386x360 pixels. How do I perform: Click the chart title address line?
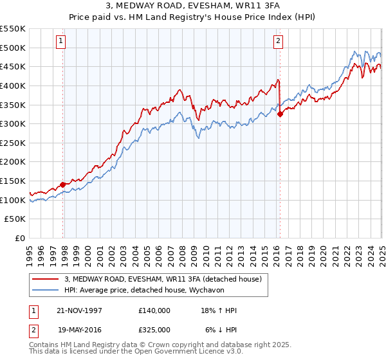(193, 6)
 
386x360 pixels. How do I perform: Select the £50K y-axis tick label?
(15, 219)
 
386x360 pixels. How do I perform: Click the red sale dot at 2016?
(280, 114)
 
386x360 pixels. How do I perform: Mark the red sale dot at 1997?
(63, 184)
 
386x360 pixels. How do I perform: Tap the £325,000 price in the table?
(154, 330)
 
